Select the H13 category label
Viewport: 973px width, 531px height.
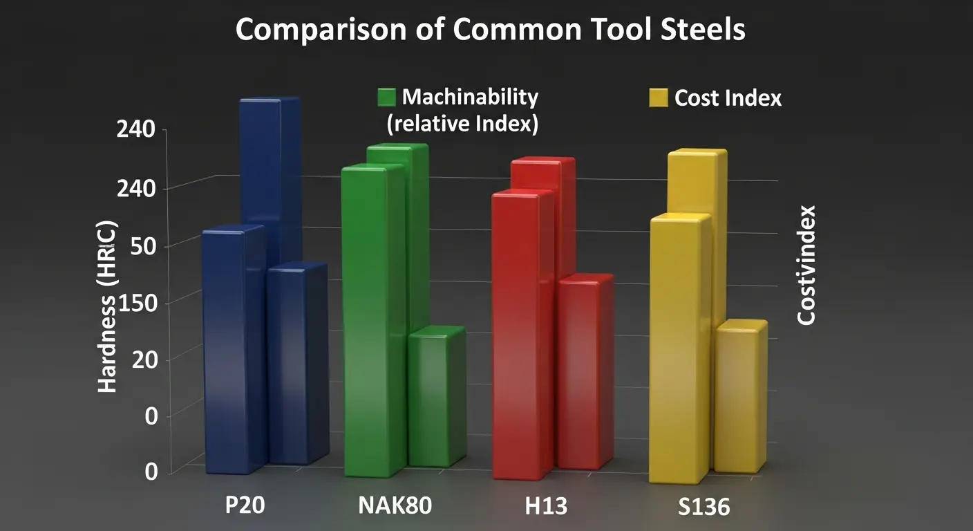(x=546, y=505)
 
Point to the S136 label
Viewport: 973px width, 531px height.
(x=703, y=507)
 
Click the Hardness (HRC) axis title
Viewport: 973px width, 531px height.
(x=108, y=307)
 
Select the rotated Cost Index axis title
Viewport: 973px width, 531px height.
(x=806, y=265)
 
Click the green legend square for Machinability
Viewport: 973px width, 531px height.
(x=386, y=97)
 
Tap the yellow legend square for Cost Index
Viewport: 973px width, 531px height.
(x=659, y=98)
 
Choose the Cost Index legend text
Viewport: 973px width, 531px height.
(x=728, y=98)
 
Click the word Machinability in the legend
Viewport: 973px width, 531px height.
(x=470, y=97)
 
